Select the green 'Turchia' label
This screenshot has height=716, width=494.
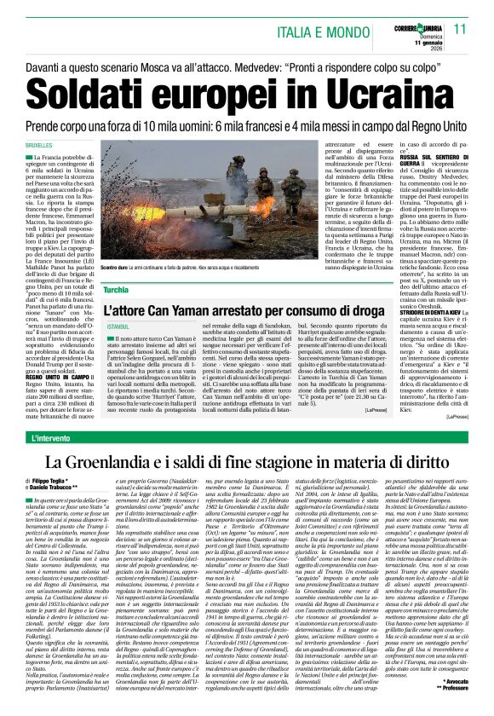pyautogui.click(x=117, y=290)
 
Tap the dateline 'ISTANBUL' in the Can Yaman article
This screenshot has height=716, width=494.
pyautogui.click(x=118, y=326)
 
